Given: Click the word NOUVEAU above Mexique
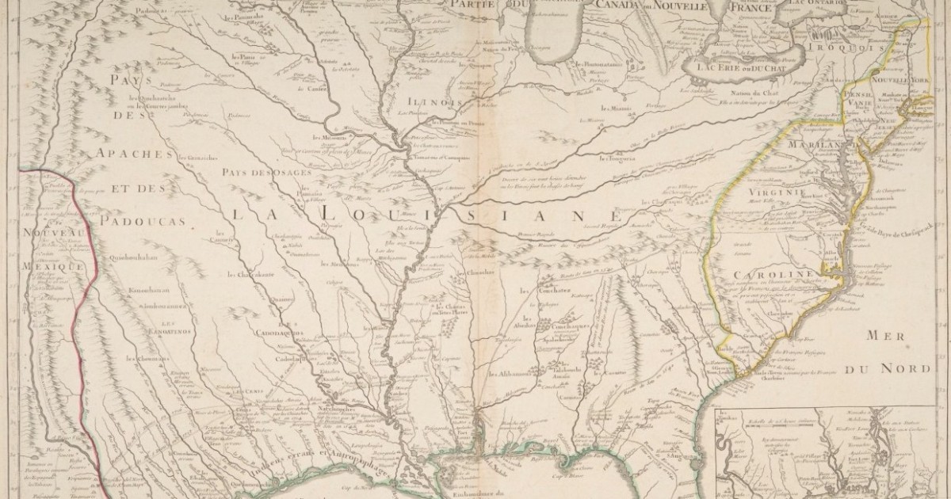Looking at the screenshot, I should point(53,230).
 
